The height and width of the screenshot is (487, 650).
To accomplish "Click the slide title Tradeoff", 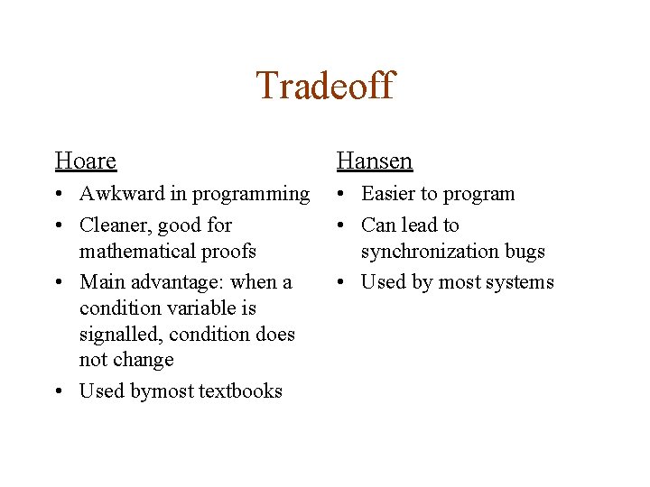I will click(325, 86).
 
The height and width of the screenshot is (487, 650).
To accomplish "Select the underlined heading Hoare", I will click(86, 161).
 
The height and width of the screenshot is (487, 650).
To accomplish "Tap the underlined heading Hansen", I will click(374, 161).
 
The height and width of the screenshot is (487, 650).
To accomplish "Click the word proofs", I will click(228, 251).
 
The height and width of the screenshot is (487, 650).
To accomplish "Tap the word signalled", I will click(118, 335).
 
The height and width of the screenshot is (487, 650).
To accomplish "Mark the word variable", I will click(196, 308).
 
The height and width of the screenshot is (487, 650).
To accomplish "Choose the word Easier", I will click(390, 194).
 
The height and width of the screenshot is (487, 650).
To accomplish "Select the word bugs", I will click(524, 252).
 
